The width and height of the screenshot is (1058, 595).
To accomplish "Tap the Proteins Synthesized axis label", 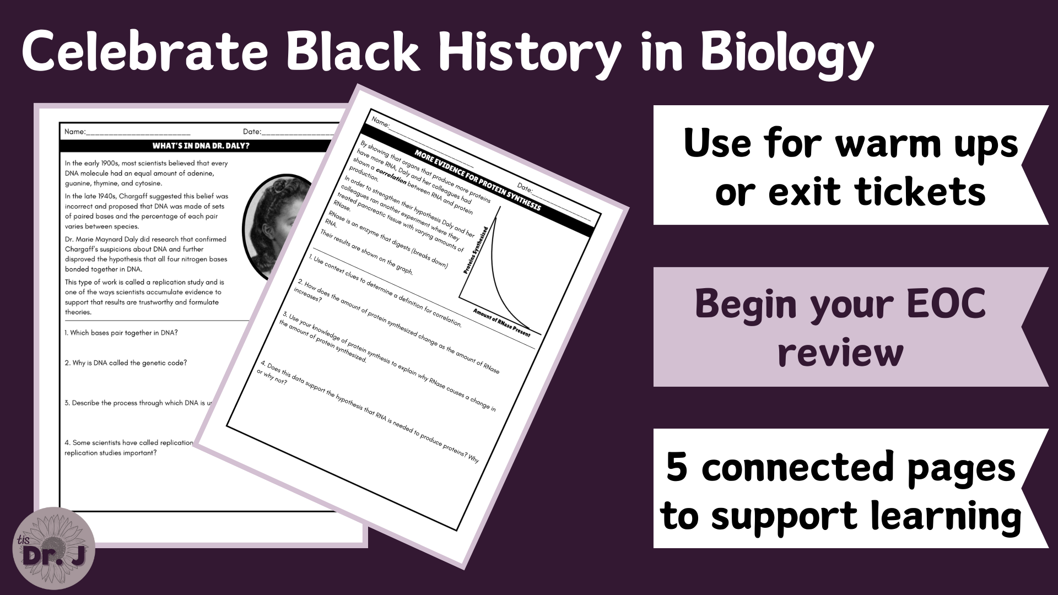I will (x=476, y=251).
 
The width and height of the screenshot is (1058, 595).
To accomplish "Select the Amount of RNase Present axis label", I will (x=501, y=323).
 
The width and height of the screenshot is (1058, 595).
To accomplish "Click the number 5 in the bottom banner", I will (x=677, y=467).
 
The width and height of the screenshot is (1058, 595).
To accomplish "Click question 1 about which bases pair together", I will (x=121, y=333).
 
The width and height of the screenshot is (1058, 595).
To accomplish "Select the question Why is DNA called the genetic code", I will (x=126, y=363).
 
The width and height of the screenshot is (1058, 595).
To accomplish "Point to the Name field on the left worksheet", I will (x=127, y=132).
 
